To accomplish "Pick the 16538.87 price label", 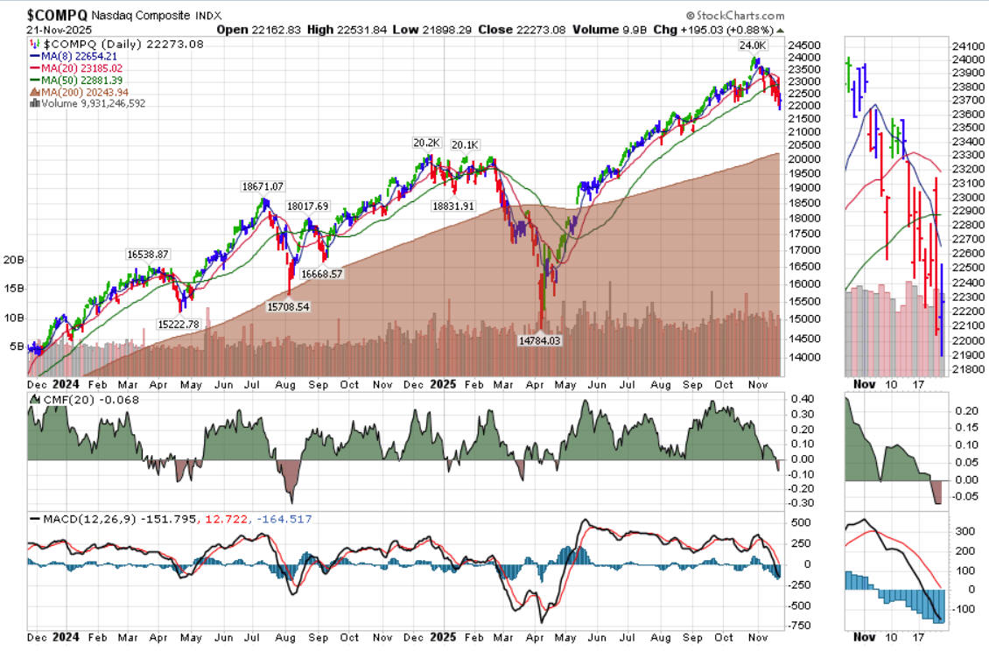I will [148, 254].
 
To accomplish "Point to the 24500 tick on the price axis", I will [805, 45].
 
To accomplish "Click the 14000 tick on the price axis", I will [805, 357].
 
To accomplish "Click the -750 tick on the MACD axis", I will [800, 626].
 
